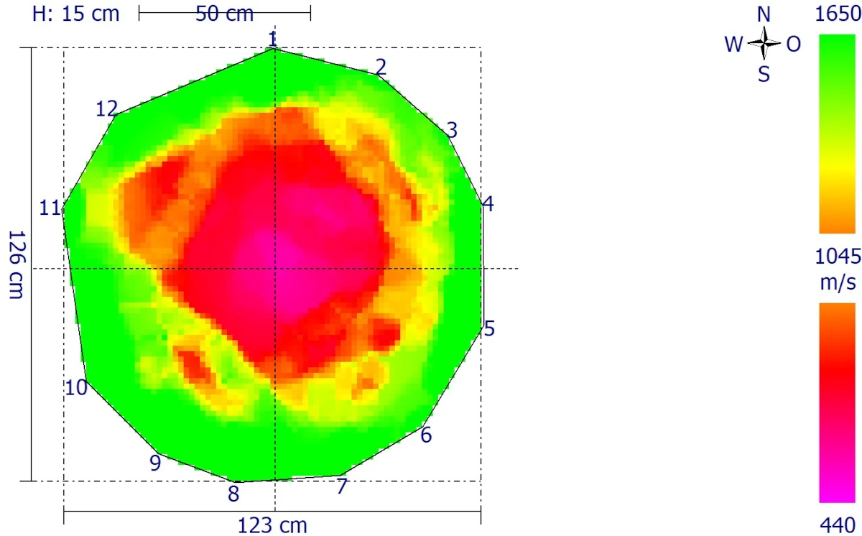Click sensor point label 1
pyautogui.click(x=272, y=38)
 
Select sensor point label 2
pyautogui.click(x=381, y=68)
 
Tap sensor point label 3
pyautogui.click(x=452, y=130)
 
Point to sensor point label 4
pyautogui.click(x=488, y=205)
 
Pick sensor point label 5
pyautogui.click(x=489, y=329)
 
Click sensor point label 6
pyautogui.click(x=426, y=435)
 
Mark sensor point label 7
pyautogui.click(x=342, y=486)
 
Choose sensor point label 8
pyautogui.click(x=233, y=494)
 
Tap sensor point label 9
pyautogui.click(x=155, y=463)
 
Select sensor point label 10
pyautogui.click(x=76, y=387)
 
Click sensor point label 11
pyautogui.click(x=50, y=208)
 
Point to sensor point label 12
pyautogui.click(x=107, y=109)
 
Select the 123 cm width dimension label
pyautogui.click(x=272, y=526)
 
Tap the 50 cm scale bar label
pyautogui.click(x=225, y=14)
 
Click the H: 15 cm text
pyautogui.click(x=76, y=14)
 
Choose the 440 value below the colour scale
pyautogui.click(x=837, y=525)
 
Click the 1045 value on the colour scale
pyautogui.click(x=837, y=257)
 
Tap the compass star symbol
pyautogui.click(x=764, y=45)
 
